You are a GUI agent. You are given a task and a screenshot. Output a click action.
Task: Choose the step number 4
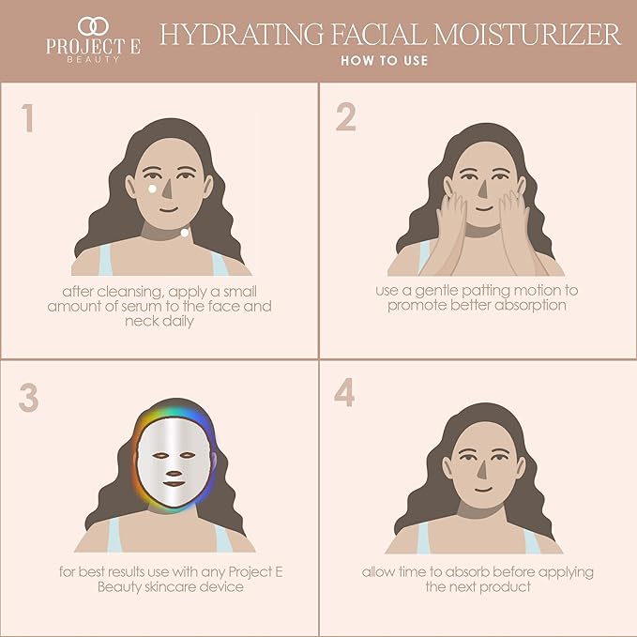[345, 393]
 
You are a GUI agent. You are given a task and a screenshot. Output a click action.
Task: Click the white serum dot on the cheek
[153, 189]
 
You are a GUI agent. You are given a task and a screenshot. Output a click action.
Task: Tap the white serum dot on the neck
[185, 232]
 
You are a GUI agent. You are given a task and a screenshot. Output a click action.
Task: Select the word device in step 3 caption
[226, 586]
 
